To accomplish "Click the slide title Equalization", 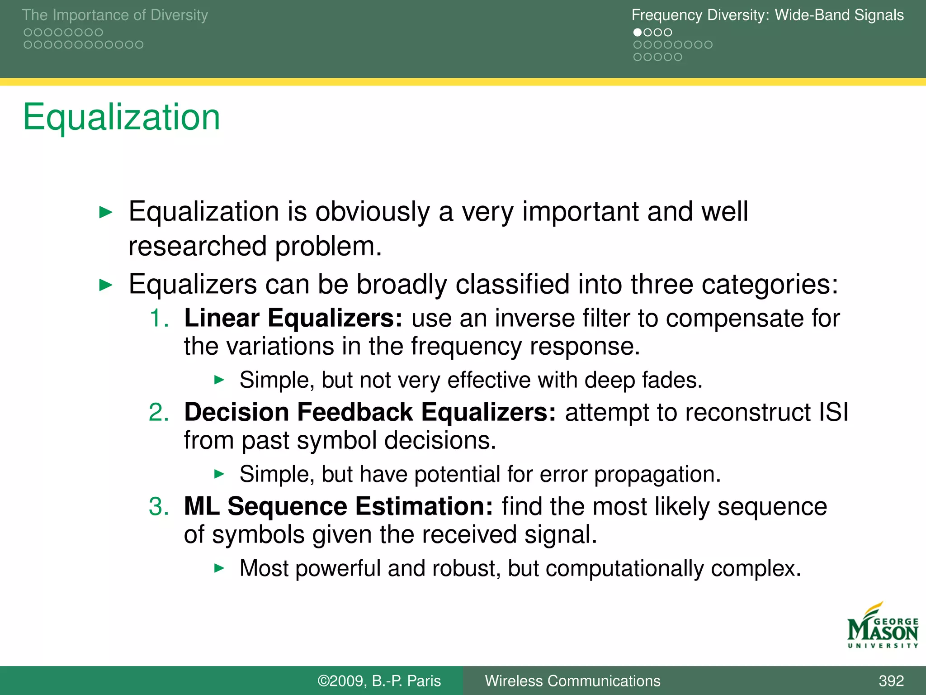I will coord(121,117).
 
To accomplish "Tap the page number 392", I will coord(891,681).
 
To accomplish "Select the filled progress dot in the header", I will coord(638,33).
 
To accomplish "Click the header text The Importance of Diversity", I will coord(115,15).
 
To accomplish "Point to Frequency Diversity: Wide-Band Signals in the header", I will coord(767,15).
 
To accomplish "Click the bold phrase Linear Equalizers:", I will coord(293,318).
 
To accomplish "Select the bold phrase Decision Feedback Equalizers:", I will coord(369,412).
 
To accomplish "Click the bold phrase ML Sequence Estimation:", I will coord(338,506).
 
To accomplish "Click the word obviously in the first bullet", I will coord(372,212).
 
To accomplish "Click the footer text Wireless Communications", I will coord(572,681).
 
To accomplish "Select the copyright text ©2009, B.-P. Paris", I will coord(379,681).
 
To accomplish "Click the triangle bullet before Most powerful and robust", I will coord(219,568).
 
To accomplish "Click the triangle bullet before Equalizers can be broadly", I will coord(105,285).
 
